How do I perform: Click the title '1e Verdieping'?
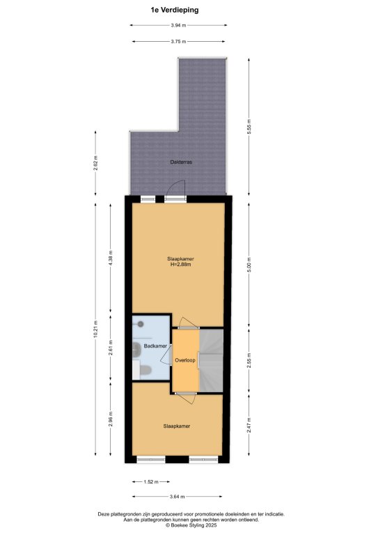(175, 10)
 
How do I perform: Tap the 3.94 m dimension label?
(178, 25)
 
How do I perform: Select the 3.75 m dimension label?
(178, 42)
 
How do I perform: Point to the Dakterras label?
(181, 162)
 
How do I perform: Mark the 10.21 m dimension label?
(95, 329)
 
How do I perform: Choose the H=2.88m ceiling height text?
(181, 264)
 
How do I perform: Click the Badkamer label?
(155, 346)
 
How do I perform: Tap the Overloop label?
(185, 360)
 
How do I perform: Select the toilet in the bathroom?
(145, 370)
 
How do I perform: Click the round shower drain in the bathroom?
(141, 324)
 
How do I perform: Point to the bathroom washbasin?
(137, 348)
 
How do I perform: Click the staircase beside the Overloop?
(211, 361)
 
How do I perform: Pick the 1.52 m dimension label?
(151, 482)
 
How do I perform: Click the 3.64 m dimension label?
(178, 497)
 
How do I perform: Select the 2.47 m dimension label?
(249, 425)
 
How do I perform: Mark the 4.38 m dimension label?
(110, 258)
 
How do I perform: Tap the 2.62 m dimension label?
(95, 164)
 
